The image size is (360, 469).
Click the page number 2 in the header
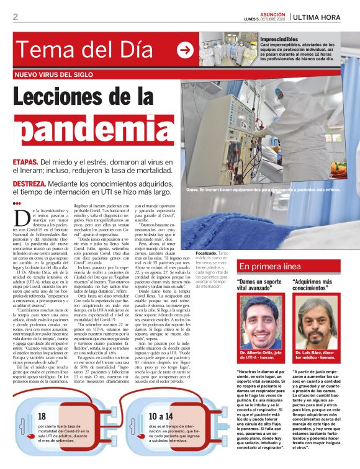point(15,17)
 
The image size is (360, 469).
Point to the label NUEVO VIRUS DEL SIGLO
point(54,74)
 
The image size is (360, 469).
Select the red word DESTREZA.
point(29,184)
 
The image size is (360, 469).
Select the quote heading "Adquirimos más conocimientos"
point(313,285)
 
